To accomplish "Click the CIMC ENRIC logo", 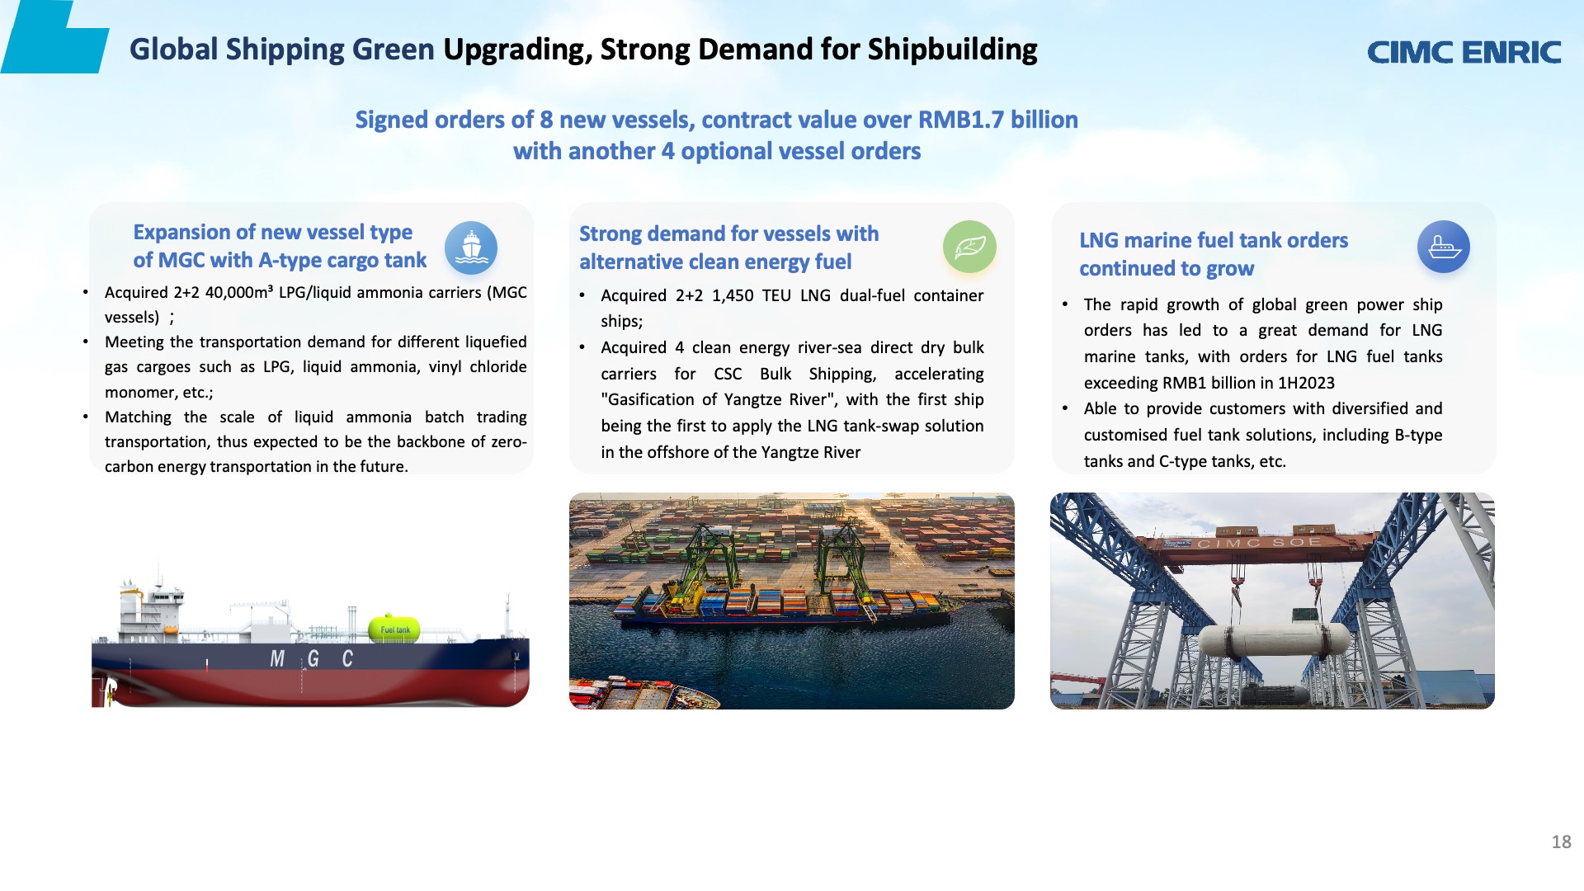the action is (1464, 52).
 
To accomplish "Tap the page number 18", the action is (1561, 841).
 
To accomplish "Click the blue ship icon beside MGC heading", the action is (471, 247).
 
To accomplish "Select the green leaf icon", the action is (969, 247).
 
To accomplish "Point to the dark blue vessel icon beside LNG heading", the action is (1444, 247).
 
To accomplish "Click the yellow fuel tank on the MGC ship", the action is (394, 629).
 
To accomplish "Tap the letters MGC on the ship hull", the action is (312, 658).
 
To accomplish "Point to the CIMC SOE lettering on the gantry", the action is (1259, 543).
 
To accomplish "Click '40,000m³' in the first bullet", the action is (239, 292).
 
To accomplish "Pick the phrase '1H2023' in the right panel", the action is (1306, 383).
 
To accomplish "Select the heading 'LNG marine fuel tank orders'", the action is (1214, 240).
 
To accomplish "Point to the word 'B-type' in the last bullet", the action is (1418, 435).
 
